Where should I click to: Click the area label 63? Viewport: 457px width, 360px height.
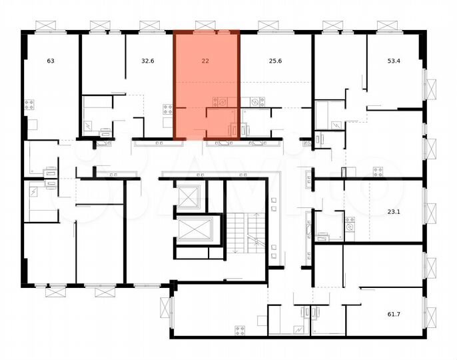50,61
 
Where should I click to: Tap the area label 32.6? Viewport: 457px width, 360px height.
148,61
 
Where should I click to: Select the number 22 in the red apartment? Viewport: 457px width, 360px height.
205,61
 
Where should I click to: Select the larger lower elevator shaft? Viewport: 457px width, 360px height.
195,230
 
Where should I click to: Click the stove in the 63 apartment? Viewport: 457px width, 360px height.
29,104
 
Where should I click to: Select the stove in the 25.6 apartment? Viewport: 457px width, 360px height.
255,102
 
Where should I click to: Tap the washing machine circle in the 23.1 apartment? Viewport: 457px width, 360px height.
350,229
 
